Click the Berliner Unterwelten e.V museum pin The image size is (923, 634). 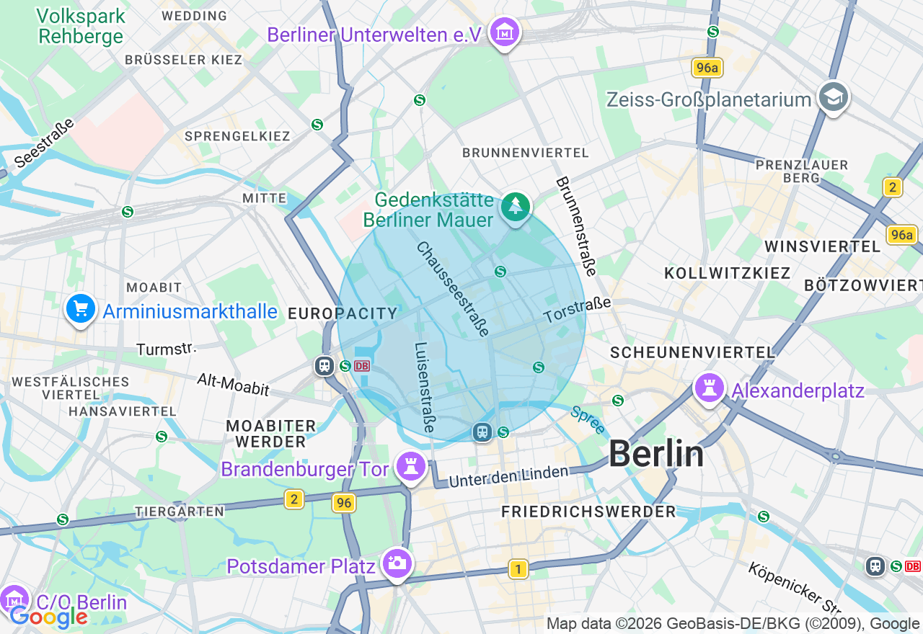click(x=505, y=32)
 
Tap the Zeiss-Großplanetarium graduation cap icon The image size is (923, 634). click(x=834, y=97)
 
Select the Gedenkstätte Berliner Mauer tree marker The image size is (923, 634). click(x=515, y=207)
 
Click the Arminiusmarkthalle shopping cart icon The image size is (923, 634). click(x=81, y=309)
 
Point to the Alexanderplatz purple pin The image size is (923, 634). click(x=709, y=388)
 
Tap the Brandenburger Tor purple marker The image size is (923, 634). click(x=411, y=468)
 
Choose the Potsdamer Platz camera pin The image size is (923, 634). click(x=397, y=563)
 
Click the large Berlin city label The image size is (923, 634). click(x=655, y=454)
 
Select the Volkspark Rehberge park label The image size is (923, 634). click(x=81, y=26)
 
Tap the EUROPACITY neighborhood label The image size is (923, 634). click(x=343, y=313)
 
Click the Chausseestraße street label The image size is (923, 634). click(x=453, y=289)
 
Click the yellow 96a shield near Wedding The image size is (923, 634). click(x=706, y=68)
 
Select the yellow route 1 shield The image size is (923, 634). click(x=518, y=569)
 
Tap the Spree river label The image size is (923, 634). click(x=587, y=421)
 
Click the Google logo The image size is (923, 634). click(x=49, y=616)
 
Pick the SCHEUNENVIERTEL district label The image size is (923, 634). click(x=692, y=352)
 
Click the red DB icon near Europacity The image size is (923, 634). click(x=362, y=366)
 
